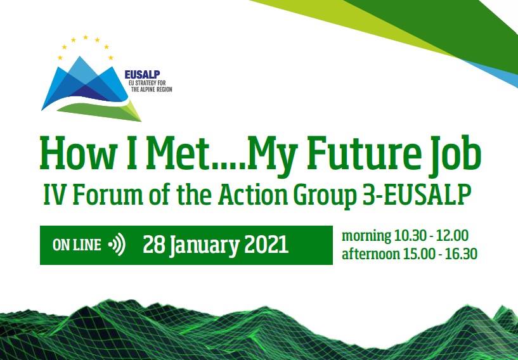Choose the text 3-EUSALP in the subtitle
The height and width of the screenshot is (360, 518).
click(x=415, y=195)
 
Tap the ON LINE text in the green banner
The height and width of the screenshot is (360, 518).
click(x=77, y=245)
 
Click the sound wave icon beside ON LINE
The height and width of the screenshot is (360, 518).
click(x=117, y=245)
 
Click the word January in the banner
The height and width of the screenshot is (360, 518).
click(x=204, y=247)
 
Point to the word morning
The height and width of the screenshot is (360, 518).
click(x=366, y=236)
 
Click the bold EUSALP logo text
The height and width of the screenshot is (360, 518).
click(x=143, y=75)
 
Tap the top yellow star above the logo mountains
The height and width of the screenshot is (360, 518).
click(x=86, y=37)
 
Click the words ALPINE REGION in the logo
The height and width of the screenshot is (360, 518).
click(x=152, y=89)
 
